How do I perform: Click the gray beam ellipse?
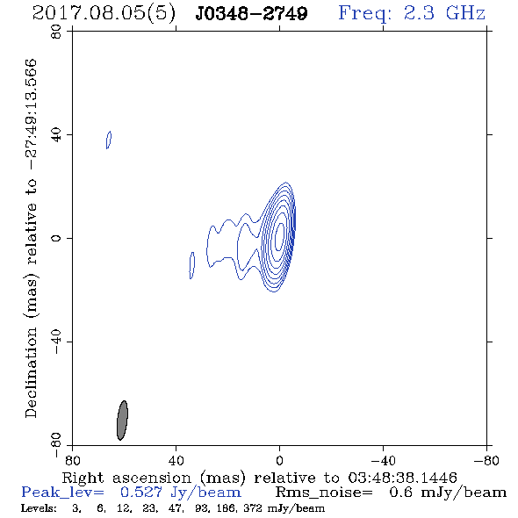click(122, 421)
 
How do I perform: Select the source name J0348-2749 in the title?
click(251, 13)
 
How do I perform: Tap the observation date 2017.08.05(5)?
click(104, 14)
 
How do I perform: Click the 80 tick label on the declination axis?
click(56, 32)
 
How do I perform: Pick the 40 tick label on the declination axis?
click(56, 135)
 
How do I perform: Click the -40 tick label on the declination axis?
click(56, 342)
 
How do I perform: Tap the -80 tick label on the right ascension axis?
click(486, 461)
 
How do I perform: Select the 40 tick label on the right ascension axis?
click(176, 461)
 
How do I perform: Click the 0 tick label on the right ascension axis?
click(279, 461)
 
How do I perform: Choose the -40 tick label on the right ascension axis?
click(383, 461)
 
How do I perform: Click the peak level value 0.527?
click(141, 493)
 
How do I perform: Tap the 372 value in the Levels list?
click(253, 508)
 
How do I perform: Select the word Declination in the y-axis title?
click(31, 372)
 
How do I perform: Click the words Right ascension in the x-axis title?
click(126, 478)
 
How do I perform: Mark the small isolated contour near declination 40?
click(109, 140)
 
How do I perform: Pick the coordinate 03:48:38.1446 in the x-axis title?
click(402, 478)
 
